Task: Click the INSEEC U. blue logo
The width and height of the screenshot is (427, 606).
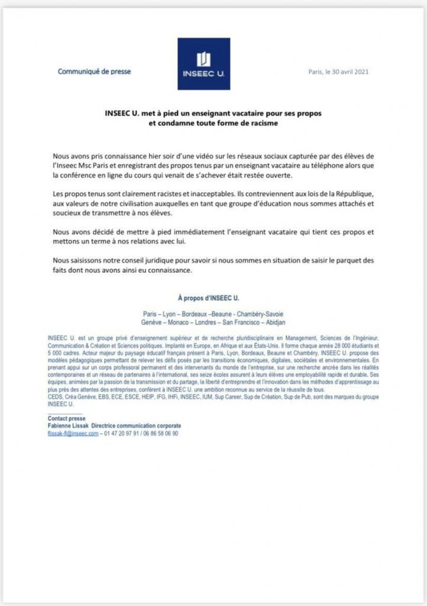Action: tap(203, 64)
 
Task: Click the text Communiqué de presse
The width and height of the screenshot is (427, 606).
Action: tap(94, 72)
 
